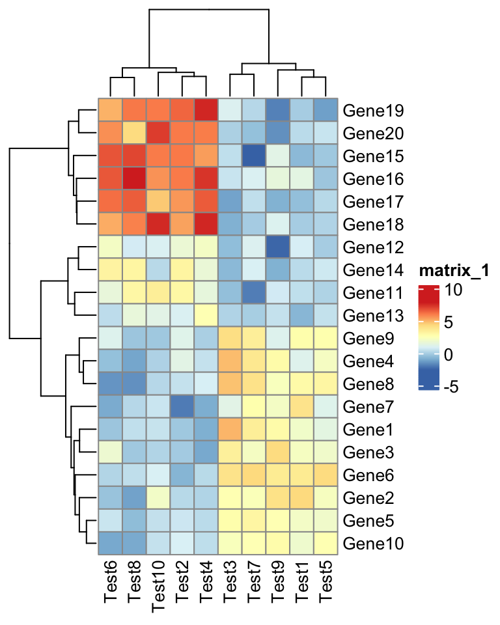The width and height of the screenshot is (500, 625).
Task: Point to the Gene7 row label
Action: (365, 406)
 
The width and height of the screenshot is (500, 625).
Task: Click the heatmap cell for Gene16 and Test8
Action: (134, 178)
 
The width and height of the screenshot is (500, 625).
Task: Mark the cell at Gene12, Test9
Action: (278, 247)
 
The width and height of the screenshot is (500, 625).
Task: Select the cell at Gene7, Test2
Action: (182, 406)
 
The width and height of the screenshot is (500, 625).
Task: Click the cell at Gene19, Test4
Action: (206, 110)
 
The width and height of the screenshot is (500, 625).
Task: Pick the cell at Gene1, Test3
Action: (230, 429)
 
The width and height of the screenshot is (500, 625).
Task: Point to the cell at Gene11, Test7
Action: (254, 292)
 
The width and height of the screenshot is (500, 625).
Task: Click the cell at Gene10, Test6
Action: (110, 543)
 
